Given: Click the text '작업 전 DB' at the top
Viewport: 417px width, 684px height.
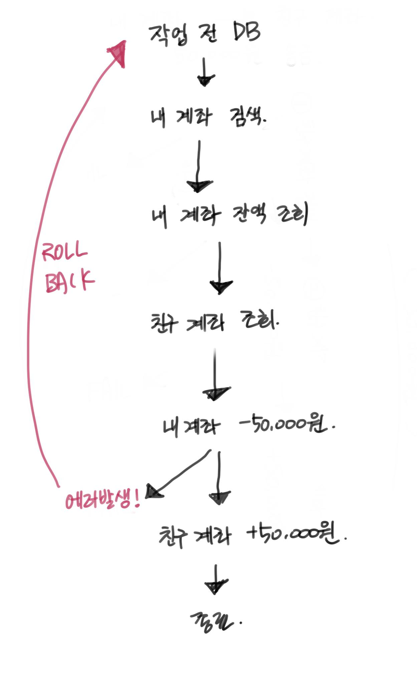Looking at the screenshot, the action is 205,34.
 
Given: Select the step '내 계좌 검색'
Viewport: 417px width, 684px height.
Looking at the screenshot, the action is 208,117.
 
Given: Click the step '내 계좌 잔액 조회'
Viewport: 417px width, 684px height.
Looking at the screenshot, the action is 230,214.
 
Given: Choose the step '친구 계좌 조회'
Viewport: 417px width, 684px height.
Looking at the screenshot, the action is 214,321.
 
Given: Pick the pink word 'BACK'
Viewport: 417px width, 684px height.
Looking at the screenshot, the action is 69,281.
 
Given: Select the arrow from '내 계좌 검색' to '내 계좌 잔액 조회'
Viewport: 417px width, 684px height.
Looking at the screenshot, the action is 199,168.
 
